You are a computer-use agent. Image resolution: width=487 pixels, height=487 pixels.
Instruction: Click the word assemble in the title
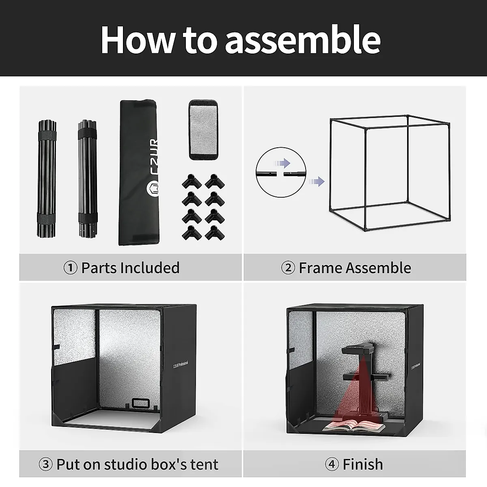click(302, 39)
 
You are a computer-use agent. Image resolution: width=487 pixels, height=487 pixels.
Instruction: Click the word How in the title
click(138, 39)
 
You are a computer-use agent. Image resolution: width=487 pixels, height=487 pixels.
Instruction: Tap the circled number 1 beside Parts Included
click(71, 268)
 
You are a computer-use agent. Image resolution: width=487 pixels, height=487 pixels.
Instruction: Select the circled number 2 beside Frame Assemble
click(288, 268)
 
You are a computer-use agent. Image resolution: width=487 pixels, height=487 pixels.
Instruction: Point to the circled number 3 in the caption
click(45, 464)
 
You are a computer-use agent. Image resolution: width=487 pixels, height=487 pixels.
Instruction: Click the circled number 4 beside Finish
click(332, 464)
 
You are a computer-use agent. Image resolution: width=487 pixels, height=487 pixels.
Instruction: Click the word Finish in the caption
click(362, 464)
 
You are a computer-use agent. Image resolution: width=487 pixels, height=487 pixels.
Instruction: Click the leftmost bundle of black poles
click(47, 179)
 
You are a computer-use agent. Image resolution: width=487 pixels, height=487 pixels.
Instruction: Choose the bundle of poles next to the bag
click(87, 179)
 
